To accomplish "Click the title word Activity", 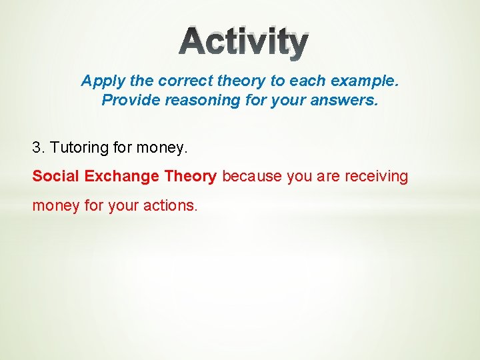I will pos(243,43).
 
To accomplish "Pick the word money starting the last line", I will pos(55,206).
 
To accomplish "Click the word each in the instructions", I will pos(301,81).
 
